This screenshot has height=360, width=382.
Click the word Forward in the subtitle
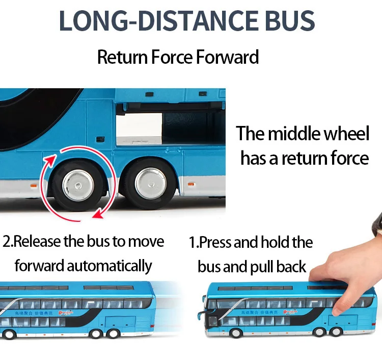[x=228, y=57]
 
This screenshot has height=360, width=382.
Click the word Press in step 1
[x=219, y=242]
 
